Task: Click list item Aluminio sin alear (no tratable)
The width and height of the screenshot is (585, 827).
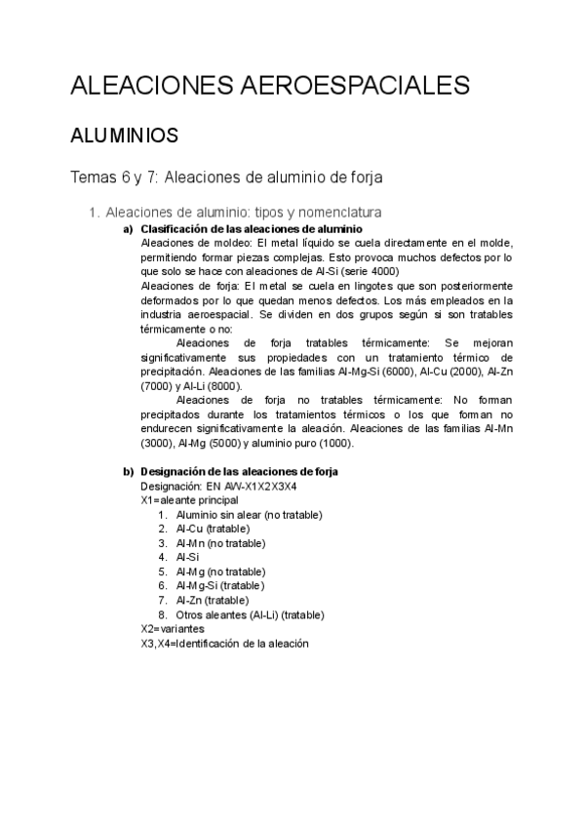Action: click(249, 515)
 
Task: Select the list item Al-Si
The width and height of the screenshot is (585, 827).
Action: click(186, 557)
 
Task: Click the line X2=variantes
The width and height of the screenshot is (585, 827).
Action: click(173, 629)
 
